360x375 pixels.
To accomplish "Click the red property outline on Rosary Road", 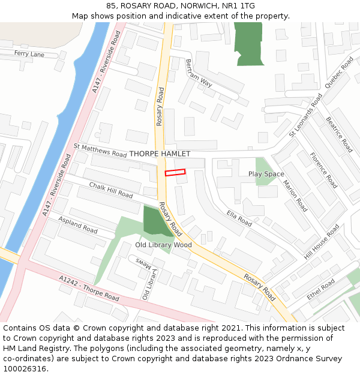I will coord(175,173).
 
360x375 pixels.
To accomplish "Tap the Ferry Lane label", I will coord(29,54).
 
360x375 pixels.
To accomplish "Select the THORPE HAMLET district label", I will coord(160,154).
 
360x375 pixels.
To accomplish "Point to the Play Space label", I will coord(266,174).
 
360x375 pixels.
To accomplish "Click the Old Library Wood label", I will coord(163,245).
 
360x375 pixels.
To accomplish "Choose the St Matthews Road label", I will coord(100,149).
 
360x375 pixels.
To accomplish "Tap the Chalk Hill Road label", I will coord(111,190).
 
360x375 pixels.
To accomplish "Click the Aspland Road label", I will coord(78,226).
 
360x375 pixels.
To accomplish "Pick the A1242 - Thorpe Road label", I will coord(89,288).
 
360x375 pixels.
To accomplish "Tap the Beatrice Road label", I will coord(339,134).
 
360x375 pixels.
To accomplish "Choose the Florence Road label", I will coord(323,170).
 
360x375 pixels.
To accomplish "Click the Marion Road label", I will coord(295,196).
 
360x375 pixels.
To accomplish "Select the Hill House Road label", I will coord(322,241).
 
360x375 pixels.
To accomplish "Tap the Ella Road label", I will coord(239,218).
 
